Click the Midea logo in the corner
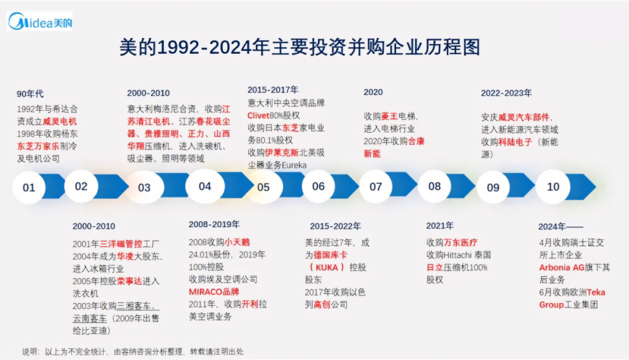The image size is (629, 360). [x=40, y=23]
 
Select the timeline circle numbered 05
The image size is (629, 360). [x=263, y=187]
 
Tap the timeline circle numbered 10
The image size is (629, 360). [x=553, y=186]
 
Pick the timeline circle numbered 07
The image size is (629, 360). [x=376, y=187]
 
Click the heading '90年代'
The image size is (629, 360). [x=30, y=94]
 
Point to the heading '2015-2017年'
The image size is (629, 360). [x=273, y=90]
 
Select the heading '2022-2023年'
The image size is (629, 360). [x=506, y=93]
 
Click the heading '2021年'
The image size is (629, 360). [x=440, y=226]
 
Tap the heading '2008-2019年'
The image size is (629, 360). [x=214, y=224]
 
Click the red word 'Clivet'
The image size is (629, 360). [x=258, y=115]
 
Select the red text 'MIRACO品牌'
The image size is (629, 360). [x=214, y=291]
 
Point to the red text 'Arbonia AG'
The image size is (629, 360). [x=561, y=267]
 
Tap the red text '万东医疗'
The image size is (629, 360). [x=461, y=242]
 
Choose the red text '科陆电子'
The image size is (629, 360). [x=515, y=142]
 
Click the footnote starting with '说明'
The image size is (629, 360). [x=133, y=351]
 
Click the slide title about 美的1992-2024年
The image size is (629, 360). [x=299, y=47]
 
